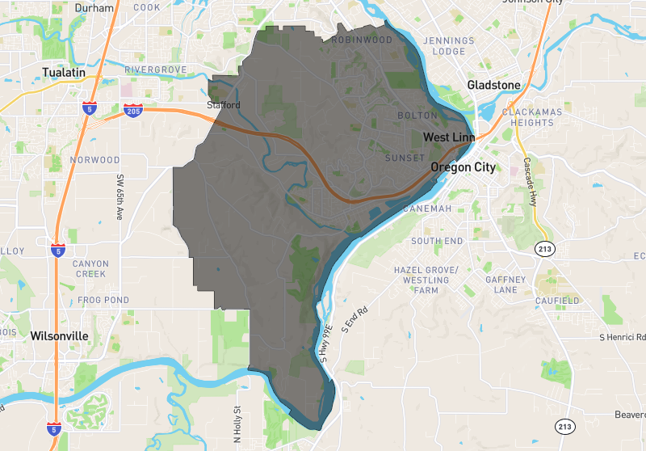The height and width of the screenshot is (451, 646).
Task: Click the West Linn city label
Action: coord(448,137)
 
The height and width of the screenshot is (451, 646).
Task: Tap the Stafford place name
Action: coord(224,105)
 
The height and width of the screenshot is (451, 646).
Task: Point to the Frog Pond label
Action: coord(103,301)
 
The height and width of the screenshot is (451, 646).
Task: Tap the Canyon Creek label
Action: coord(90,269)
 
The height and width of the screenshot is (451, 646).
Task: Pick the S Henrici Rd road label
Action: coord(623,337)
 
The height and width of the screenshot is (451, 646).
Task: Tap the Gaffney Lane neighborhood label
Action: coord(505,285)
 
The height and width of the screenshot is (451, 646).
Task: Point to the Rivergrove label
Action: coord(156,70)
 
